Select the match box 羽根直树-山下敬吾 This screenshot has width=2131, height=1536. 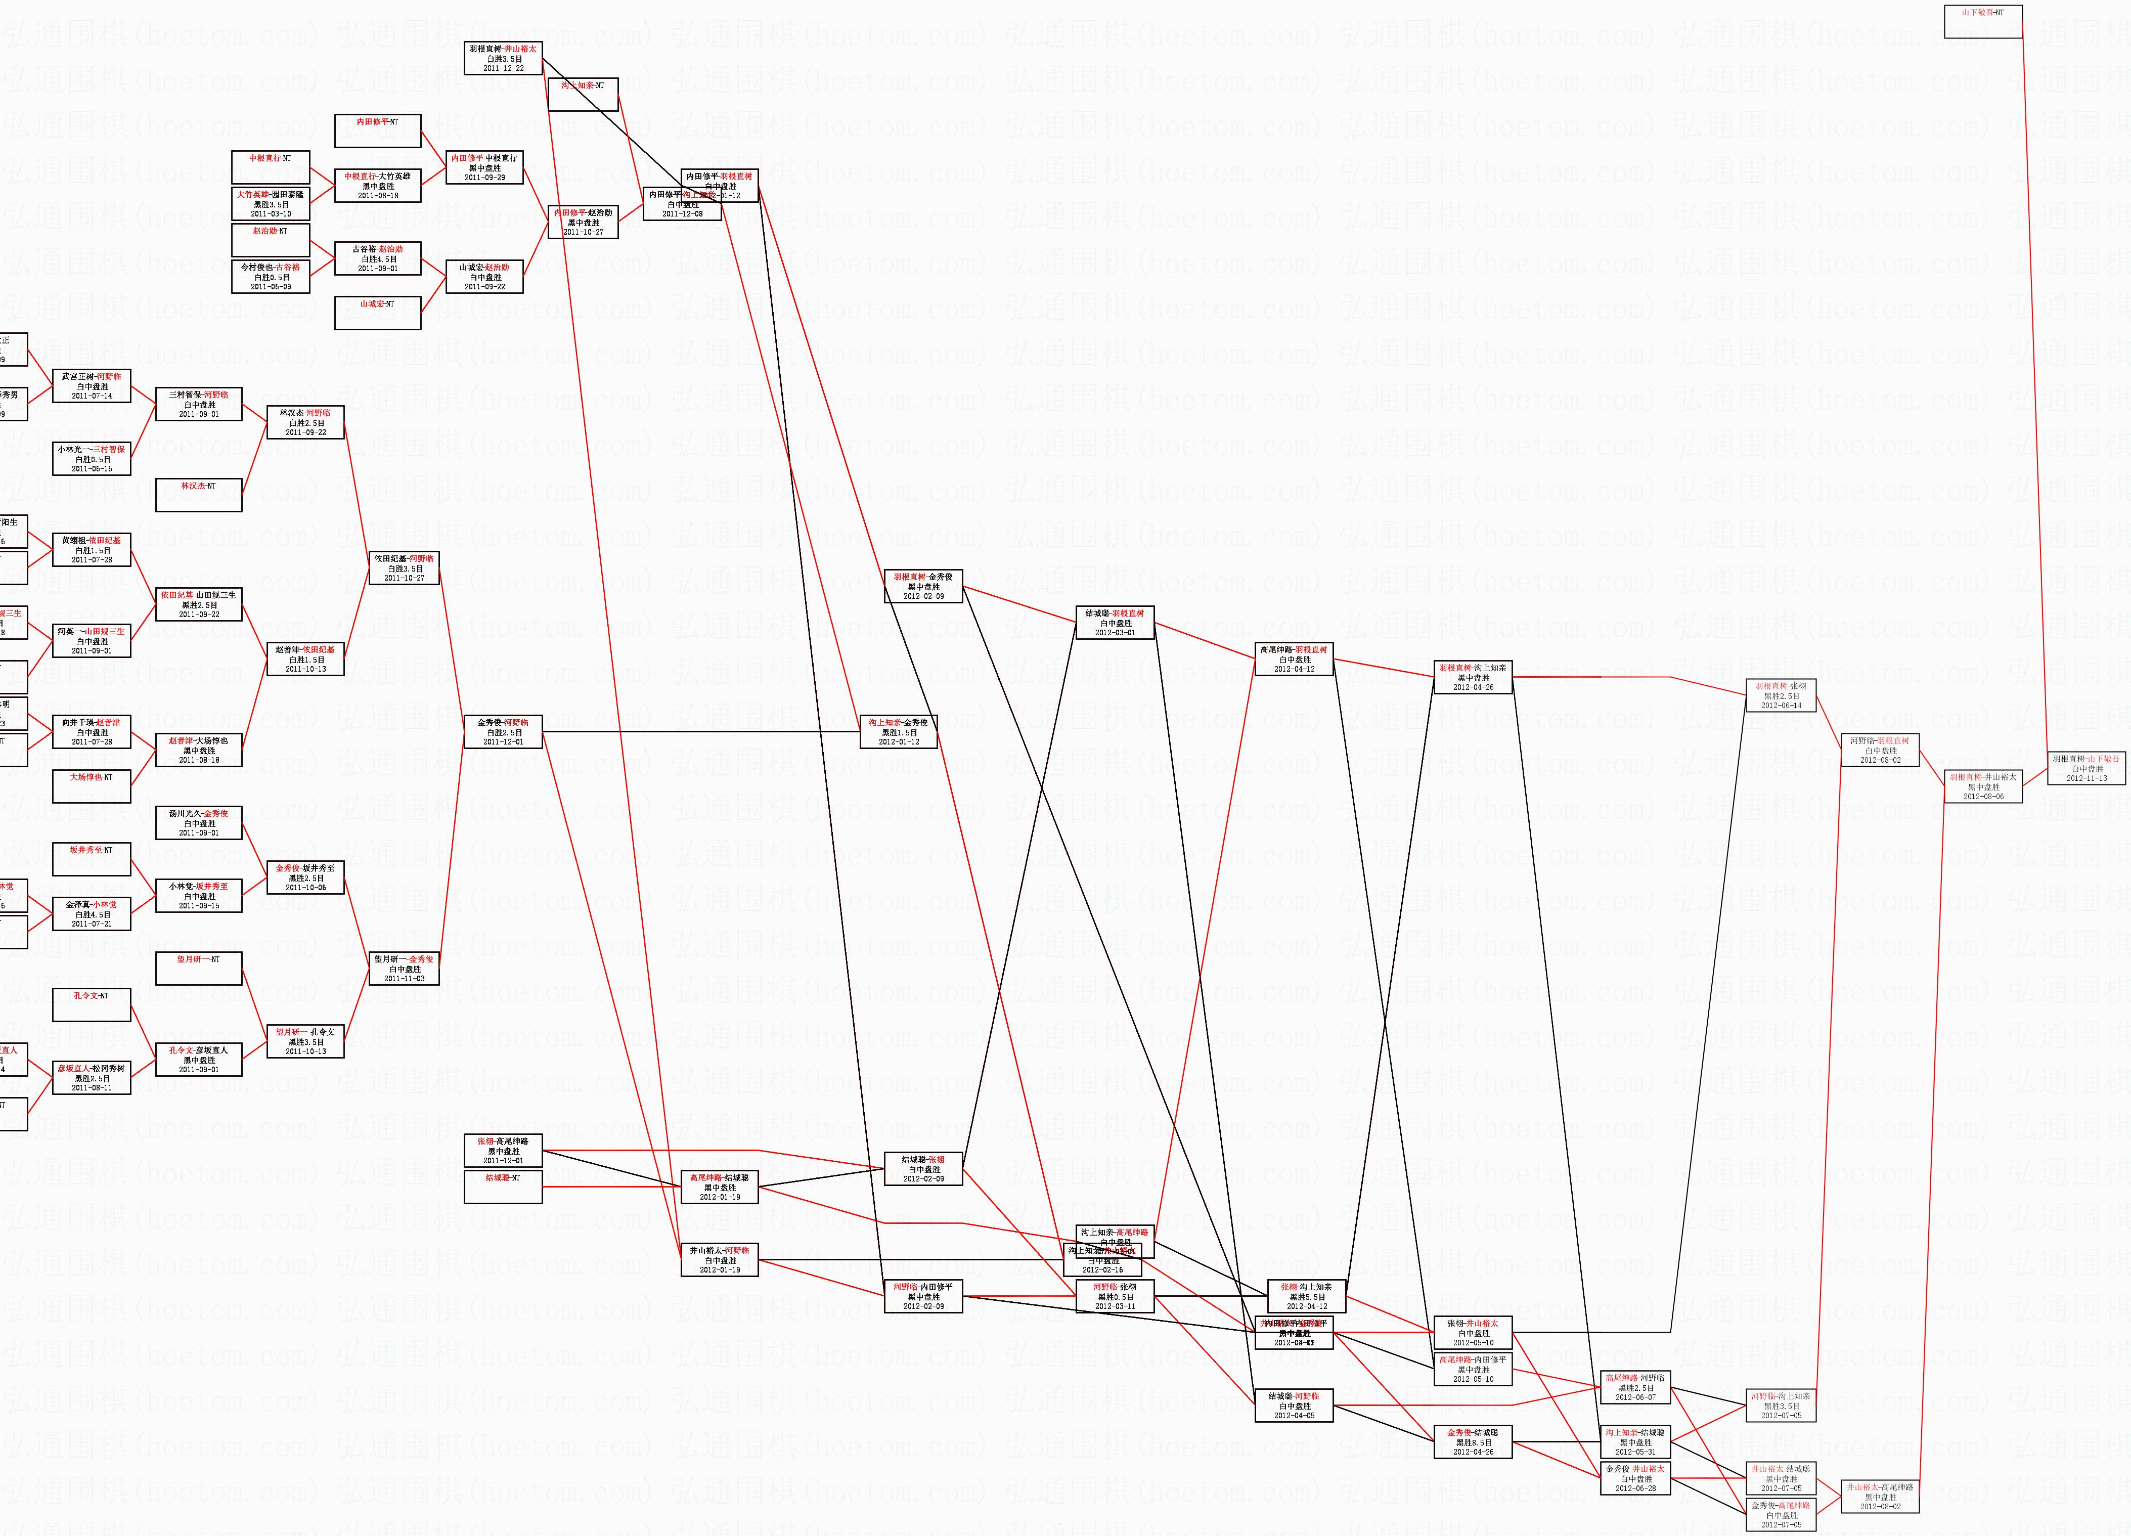2086,768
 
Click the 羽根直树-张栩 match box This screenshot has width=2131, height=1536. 1781,695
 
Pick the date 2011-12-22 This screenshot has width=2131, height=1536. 504,69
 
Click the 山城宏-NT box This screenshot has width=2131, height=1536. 378,313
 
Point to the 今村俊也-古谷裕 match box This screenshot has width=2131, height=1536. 271,276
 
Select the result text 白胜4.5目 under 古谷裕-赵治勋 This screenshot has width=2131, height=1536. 378,259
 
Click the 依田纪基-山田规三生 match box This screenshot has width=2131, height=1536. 198,604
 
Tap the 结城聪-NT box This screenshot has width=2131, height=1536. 504,1187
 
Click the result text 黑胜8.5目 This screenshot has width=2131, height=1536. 1473,1442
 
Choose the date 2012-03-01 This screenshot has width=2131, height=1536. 1115,632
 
